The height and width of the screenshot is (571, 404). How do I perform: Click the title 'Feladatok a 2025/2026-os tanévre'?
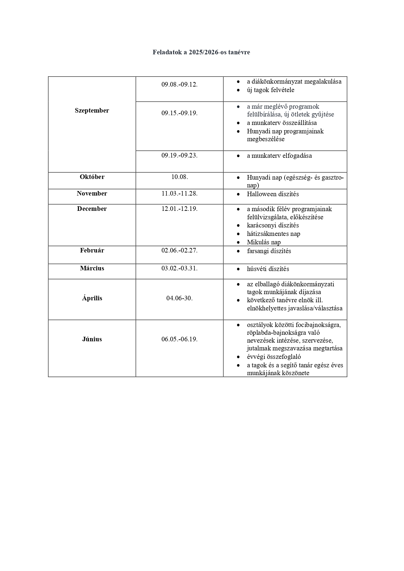[201, 52]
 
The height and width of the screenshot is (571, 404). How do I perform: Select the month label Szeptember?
[92, 111]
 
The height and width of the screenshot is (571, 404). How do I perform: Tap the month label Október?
[92, 177]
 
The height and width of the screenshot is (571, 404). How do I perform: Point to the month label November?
[92, 194]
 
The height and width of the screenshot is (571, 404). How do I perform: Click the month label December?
[92, 209]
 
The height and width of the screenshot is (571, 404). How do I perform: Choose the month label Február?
[92, 251]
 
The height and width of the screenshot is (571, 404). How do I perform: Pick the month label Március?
[92, 268]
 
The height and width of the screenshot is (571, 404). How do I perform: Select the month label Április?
[92, 298]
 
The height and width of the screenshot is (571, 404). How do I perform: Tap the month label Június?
[92, 339]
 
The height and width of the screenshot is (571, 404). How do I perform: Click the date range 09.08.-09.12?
[179, 85]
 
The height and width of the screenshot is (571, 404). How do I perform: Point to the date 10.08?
[179, 177]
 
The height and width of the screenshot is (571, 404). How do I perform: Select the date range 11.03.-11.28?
[179, 194]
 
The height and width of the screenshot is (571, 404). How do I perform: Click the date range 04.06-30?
[179, 298]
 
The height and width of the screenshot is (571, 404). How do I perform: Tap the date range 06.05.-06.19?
[179, 339]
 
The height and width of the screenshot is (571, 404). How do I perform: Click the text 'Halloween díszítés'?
[272, 194]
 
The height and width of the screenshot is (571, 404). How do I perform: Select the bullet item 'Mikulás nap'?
[264, 242]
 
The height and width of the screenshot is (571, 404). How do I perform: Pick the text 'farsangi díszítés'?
[269, 251]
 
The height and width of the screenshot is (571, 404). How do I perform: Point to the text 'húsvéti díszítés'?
[268, 269]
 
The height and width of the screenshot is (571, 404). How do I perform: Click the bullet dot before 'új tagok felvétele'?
[239, 90]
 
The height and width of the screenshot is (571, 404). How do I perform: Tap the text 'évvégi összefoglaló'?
[274, 357]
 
